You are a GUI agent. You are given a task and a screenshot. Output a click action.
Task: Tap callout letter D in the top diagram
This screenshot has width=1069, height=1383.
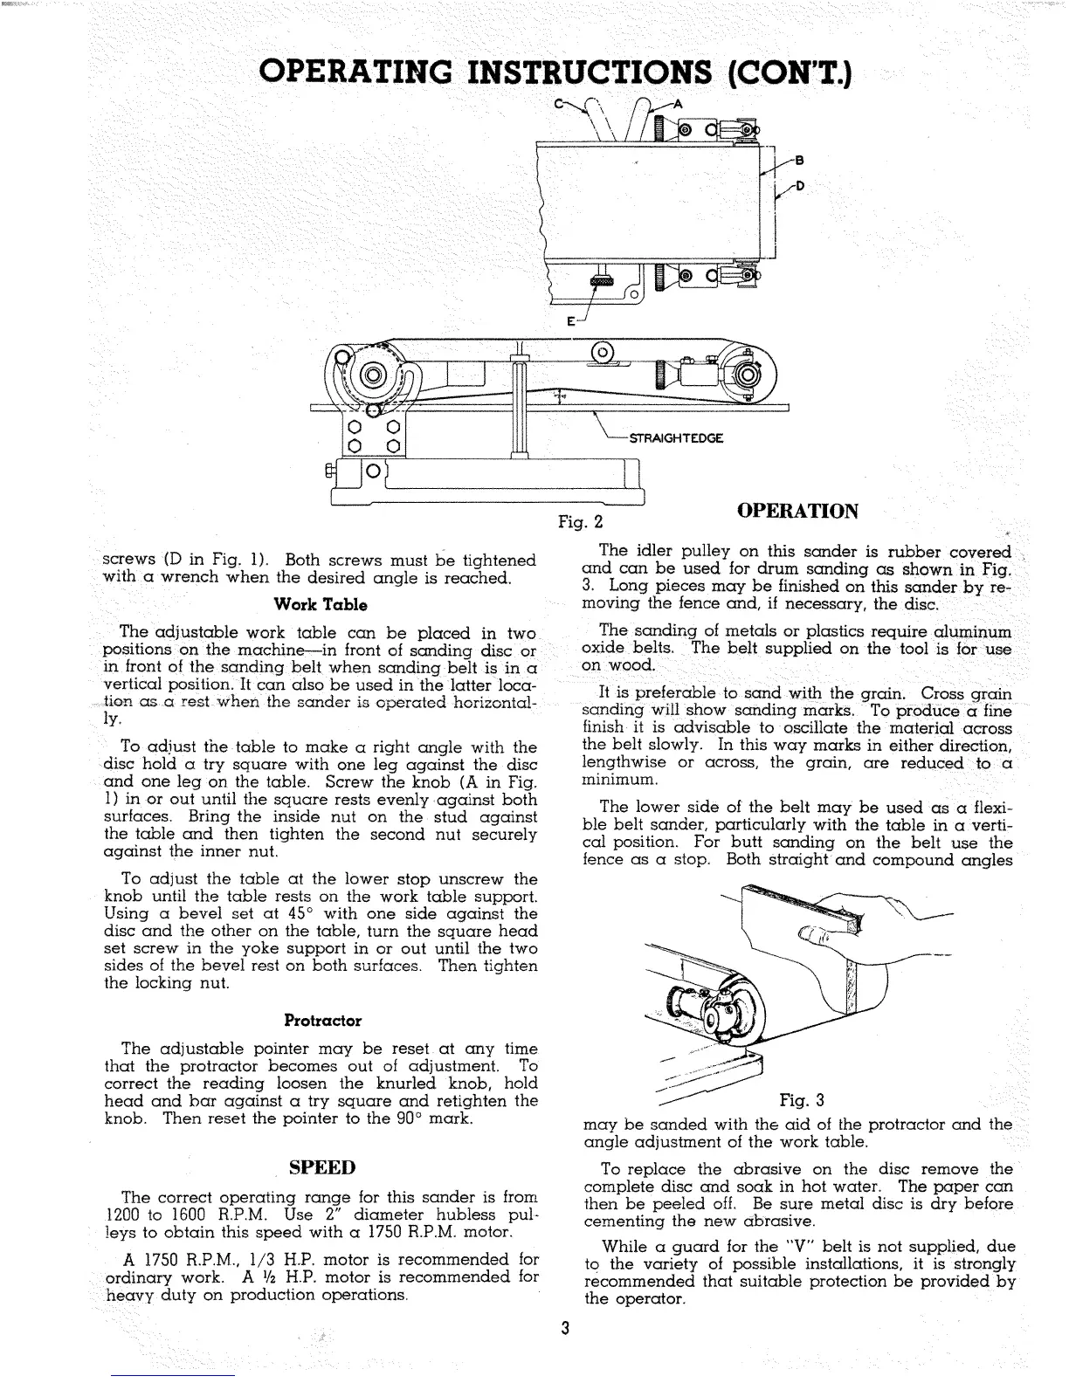point(798,186)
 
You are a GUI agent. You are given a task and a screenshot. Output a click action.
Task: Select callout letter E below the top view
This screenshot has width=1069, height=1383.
point(570,322)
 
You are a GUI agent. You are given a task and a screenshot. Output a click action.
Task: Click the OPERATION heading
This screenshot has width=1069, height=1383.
point(798,510)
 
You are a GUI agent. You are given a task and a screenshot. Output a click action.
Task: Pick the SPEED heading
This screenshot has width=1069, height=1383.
point(322,1166)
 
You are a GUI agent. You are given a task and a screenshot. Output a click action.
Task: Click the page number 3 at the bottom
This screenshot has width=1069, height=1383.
point(566,1330)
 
